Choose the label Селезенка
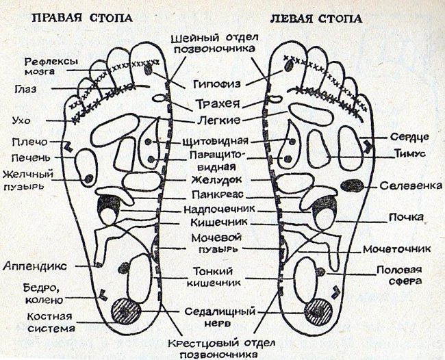click(410, 185)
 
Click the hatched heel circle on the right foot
click(127, 311)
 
